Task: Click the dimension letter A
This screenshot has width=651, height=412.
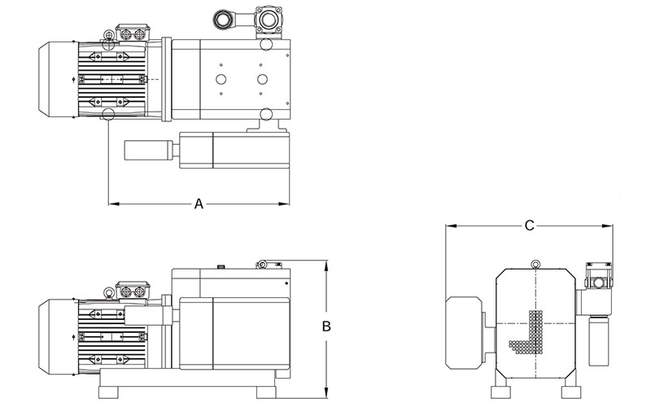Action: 199,204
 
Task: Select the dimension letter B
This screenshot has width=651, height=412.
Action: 325,327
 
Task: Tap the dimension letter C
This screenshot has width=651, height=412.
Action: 529,226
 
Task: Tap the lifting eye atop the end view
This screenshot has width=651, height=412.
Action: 535,263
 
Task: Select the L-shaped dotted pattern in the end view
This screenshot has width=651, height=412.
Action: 529,334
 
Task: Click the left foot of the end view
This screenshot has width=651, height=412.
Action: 500,392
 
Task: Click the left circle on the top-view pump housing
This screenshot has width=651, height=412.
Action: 220,79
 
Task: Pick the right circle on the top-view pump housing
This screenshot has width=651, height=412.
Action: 262,79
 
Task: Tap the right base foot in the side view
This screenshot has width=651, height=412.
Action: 266,392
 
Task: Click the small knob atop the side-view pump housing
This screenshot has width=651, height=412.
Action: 220,265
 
